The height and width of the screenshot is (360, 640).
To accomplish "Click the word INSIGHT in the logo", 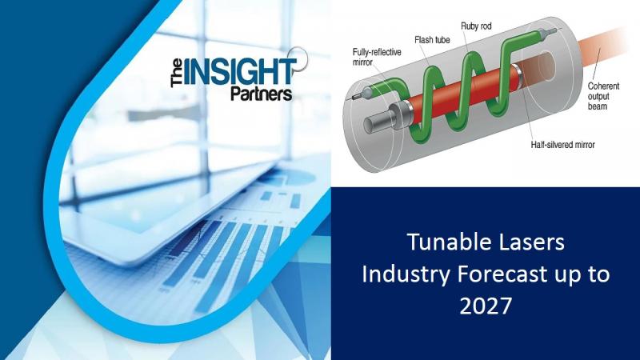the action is [x=239, y=73].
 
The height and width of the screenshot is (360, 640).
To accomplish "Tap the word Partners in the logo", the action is [x=262, y=94].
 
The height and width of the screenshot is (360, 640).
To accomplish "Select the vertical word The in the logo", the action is [x=176, y=73].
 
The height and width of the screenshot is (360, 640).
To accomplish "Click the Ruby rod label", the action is [x=476, y=26].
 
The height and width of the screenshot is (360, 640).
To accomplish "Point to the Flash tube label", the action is [x=432, y=40].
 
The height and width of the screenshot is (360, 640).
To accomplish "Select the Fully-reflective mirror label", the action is [x=377, y=57].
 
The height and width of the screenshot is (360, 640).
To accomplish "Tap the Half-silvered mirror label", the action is [x=562, y=145].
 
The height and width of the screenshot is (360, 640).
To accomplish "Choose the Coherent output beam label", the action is [x=603, y=96].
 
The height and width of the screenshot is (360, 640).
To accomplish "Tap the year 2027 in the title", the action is [x=486, y=306].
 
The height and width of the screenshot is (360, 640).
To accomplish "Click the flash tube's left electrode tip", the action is [x=353, y=98].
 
